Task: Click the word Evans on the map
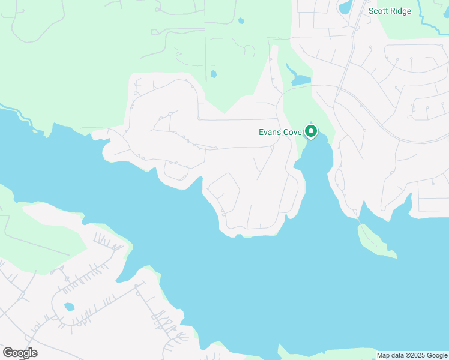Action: pyautogui.click(x=270, y=133)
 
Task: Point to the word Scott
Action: pyautogui.click(x=379, y=11)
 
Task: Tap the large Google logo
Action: pyautogui.click(x=20, y=353)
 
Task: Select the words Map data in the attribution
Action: pyautogui.click(x=391, y=355)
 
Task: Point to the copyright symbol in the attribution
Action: pyautogui.click(x=405, y=355)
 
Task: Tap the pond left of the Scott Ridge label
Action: pyautogui.click(x=345, y=8)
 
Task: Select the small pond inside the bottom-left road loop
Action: pyautogui.click(x=70, y=307)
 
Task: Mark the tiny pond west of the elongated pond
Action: pyautogui.click(x=213, y=74)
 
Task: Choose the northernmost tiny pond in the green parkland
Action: pyautogui.click(x=241, y=21)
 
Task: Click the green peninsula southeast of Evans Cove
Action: pyautogui.click(x=375, y=241)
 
